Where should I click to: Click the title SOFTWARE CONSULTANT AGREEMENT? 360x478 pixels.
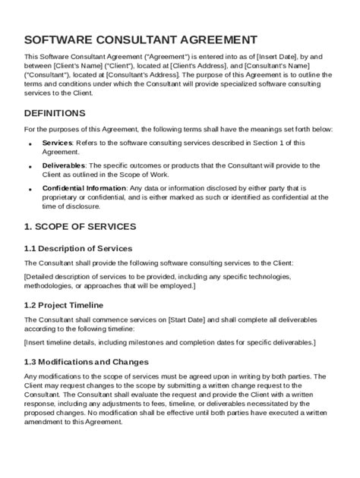click(141, 39)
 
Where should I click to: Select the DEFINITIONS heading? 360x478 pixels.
click(55, 113)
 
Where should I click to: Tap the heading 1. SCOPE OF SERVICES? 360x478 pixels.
click(80, 226)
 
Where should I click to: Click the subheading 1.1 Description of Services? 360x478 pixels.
click(78, 248)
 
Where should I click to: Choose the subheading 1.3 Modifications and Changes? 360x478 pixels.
click(87, 362)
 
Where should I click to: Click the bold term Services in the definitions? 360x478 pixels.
click(57, 142)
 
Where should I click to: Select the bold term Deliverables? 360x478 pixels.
click(64, 165)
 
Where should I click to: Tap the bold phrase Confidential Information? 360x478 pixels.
click(84, 187)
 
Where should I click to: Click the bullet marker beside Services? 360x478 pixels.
click(30, 143)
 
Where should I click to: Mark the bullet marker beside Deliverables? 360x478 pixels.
click(30, 166)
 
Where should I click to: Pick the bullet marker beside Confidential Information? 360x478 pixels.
click(30, 189)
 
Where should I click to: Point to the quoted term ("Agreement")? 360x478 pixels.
click(159, 56)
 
